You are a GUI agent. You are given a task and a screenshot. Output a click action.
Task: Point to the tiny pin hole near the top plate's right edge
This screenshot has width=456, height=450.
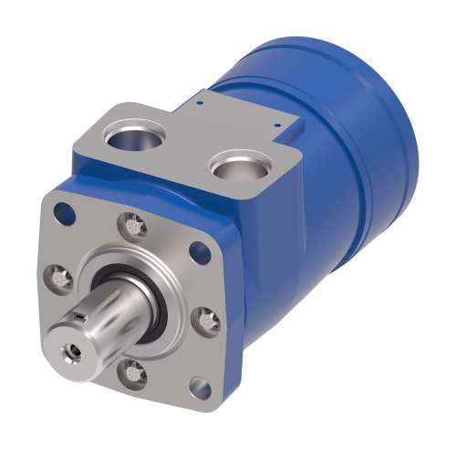pyautogui.click(x=276, y=123)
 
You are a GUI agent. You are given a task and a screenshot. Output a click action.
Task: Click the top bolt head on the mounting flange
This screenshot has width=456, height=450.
pyautogui.click(x=135, y=220)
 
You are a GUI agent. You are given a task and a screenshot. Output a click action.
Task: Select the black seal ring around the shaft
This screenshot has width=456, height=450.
pyautogui.click(x=160, y=308)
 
